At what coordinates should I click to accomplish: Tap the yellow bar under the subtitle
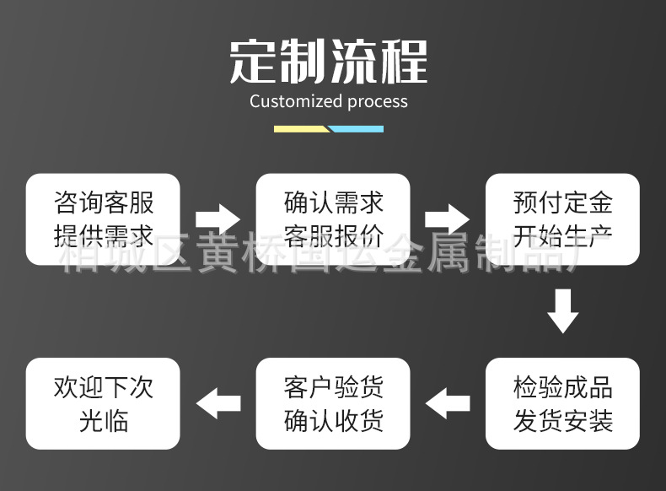pyautogui.click(x=301, y=129)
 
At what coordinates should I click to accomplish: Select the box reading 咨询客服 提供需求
pyautogui.click(x=103, y=219)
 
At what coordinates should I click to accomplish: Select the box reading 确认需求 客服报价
pyautogui.click(x=333, y=219)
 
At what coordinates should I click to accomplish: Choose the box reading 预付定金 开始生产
pyautogui.click(x=562, y=219)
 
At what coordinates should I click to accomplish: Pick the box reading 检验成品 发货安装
pyautogui.click(x=562, y=403)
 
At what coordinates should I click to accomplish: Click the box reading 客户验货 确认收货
pyautogui.click(x=333, y=403)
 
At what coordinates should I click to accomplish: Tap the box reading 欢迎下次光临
pyautogui.click(x=103, y=403)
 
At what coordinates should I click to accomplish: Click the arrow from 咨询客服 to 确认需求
pyautogui.click(x=218, y=219)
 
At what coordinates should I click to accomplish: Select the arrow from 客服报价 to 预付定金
pyautogui.click(x=447, y=219)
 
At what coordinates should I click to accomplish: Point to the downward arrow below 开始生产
pyautogui.click(x=562, y=310)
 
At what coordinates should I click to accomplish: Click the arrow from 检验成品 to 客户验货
pyautogui.click(x=447, y=403)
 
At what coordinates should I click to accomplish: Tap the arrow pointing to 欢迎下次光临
pyautogui.click(x=218, y=403)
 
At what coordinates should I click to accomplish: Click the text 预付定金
pyautogui.click(x=562, y=203)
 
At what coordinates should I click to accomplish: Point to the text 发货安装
pyautogui.click(x=562, y=420)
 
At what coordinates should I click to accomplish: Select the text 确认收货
pyautogui.click(x=333, y=420)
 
